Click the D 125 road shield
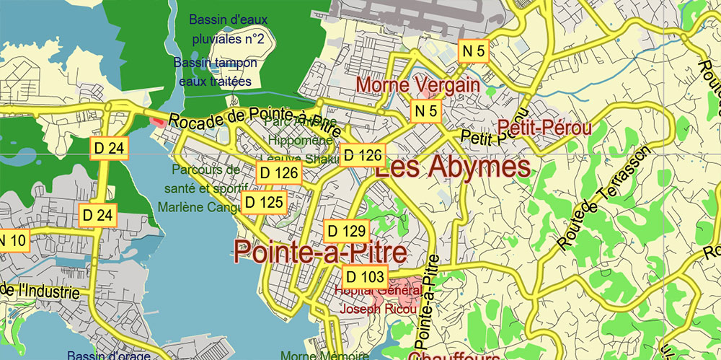264,202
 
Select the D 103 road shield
365,276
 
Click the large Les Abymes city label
453,168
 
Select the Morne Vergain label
418,85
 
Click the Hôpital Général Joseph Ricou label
376,300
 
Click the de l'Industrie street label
39,291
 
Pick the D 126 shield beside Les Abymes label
363,154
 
